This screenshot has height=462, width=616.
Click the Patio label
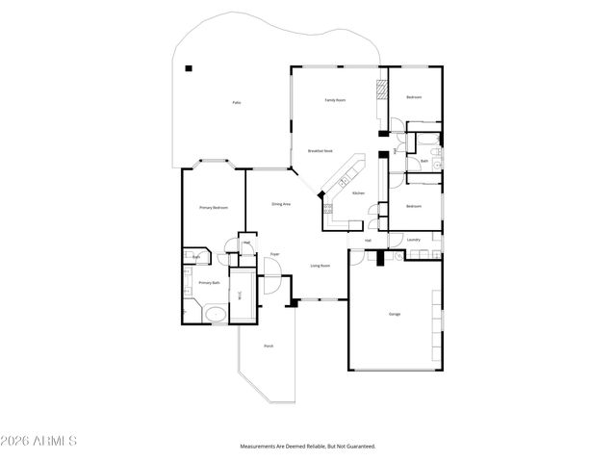click(x=236, y=103)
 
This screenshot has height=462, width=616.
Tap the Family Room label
click(x=335, y=100)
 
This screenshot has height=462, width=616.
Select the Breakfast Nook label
click(x=321, y=151)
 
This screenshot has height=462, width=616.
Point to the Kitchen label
click(x=358, y=193)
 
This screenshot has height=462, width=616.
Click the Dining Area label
click(x=281, y=204)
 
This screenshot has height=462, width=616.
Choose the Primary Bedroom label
click(x=213, y=208)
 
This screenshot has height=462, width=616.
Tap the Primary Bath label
click(x=209, y=283)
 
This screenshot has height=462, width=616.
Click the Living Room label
click(x=321, y=266)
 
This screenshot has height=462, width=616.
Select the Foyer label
click(x=274, y=254)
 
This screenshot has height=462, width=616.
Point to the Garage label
click(x=395, y=315)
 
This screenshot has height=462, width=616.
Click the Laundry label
click(x=414, y=240)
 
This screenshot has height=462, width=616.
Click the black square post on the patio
click(x=190, y=67)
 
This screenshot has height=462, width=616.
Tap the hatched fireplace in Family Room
click(x=382, y=89)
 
